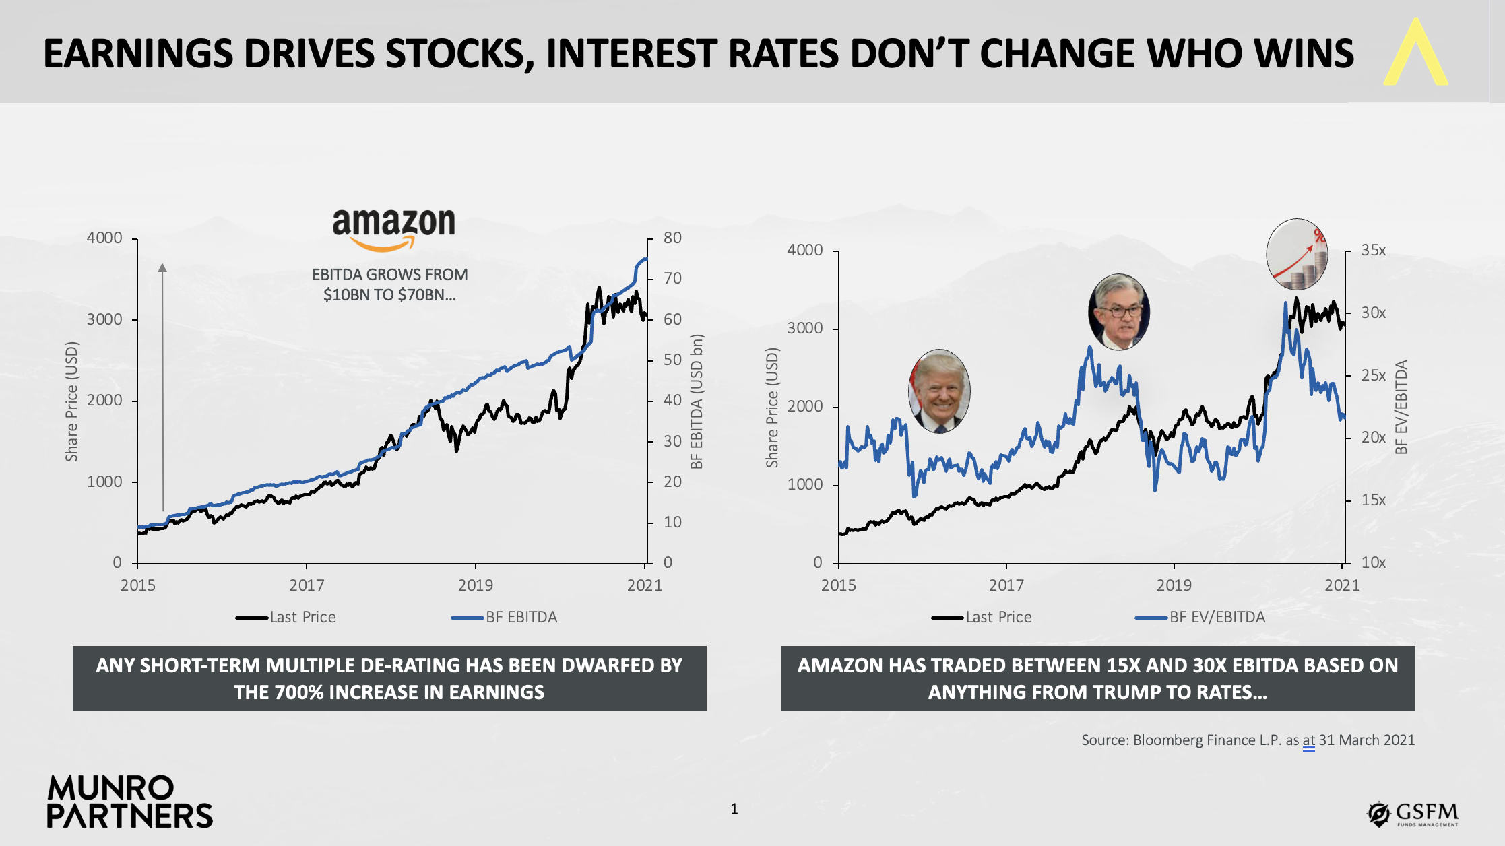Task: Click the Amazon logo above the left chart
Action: [393, 229]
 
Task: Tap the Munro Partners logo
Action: [129, 802]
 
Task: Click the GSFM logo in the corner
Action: [1413, 814]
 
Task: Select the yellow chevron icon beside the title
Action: [1415, 53]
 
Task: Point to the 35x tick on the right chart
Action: [1373, 251]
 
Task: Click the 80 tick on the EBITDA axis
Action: [672, 238]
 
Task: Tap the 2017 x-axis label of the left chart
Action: [307, 585]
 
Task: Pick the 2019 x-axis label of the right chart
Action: [1174, 585]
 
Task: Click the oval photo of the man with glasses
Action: [1119, 312]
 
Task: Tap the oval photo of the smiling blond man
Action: [939, 391]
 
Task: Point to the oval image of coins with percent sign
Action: [1297, 254]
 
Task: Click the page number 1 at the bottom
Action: [734, 809]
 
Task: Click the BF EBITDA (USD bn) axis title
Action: [697, 401]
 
